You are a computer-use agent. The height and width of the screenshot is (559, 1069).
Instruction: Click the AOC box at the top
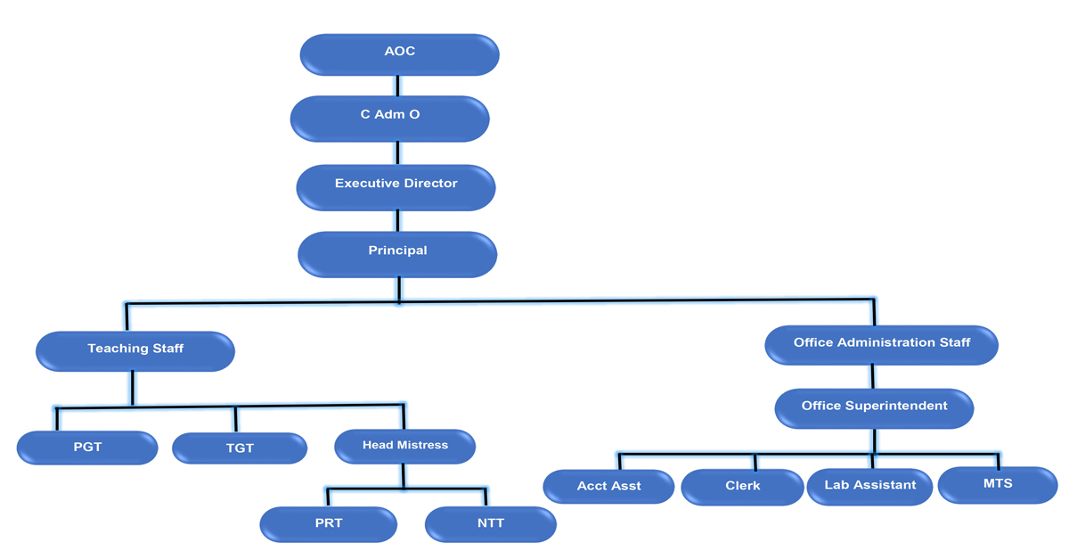click(x=399, y=53)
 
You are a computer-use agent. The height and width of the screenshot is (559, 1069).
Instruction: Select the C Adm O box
click(x=390, y=118)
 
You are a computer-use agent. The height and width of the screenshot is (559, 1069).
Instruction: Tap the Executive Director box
click(x=396, y=185)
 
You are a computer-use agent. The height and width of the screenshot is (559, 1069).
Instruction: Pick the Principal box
click(x=397, y=252)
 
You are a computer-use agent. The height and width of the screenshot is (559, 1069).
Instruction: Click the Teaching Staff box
click(x=135, y=349)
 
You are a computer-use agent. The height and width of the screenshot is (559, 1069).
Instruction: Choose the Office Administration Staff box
click(x=882, y=344)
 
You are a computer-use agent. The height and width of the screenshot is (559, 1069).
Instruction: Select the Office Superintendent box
click(x=874, y=407)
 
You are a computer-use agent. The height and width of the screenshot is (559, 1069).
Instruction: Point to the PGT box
click(x=87, y=448)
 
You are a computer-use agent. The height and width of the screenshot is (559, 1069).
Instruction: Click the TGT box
click(x=240, y=448)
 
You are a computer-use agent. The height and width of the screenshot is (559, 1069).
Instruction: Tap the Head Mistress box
click(x=405, y=446)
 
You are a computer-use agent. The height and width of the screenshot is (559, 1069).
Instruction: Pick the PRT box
click(x=328, y=523)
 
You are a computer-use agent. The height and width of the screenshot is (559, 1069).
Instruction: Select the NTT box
click(x=490, y=523)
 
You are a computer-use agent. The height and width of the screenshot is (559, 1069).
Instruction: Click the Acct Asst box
click(x=609, y=487)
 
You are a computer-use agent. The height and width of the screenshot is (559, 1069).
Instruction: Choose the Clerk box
click(x=742, y=487)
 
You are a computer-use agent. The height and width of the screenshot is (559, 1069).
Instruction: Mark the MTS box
click(x=998, y=485)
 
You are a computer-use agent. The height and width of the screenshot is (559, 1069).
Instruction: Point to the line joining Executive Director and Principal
click(x=397, y=221)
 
